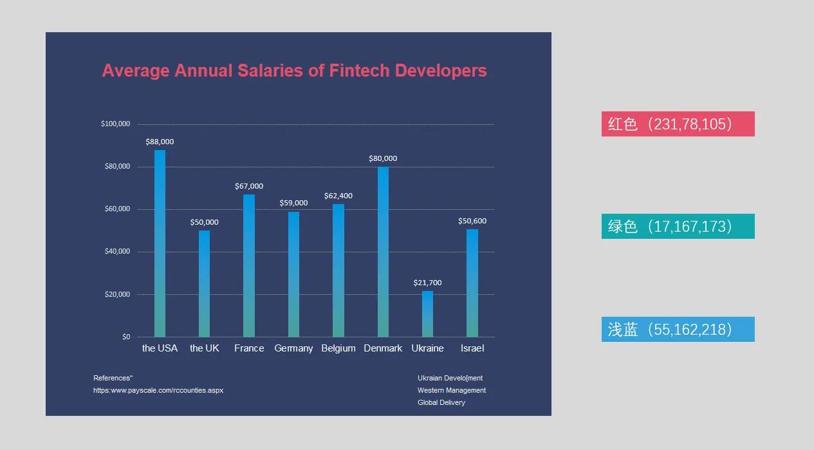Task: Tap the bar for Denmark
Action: click(383, 252)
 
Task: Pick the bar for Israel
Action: click(472, 283)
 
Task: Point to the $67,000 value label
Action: click(249, 187)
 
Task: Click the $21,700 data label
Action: click(427, 283)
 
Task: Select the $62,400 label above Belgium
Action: click(338, 196)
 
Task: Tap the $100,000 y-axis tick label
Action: click(116, 124)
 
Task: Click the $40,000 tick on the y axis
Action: click(117, 252)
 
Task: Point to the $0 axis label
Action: click(126, 337)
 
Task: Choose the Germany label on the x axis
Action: click(293, 348)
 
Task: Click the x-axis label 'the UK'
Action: click(205, 348)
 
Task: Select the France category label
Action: click(249, 348)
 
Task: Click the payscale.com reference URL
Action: click(158, 391)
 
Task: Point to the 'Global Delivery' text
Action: click(441, 402)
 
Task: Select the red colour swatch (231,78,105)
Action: click(678, 124)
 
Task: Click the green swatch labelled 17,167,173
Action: click(678, 226)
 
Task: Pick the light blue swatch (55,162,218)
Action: click(678, 329)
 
